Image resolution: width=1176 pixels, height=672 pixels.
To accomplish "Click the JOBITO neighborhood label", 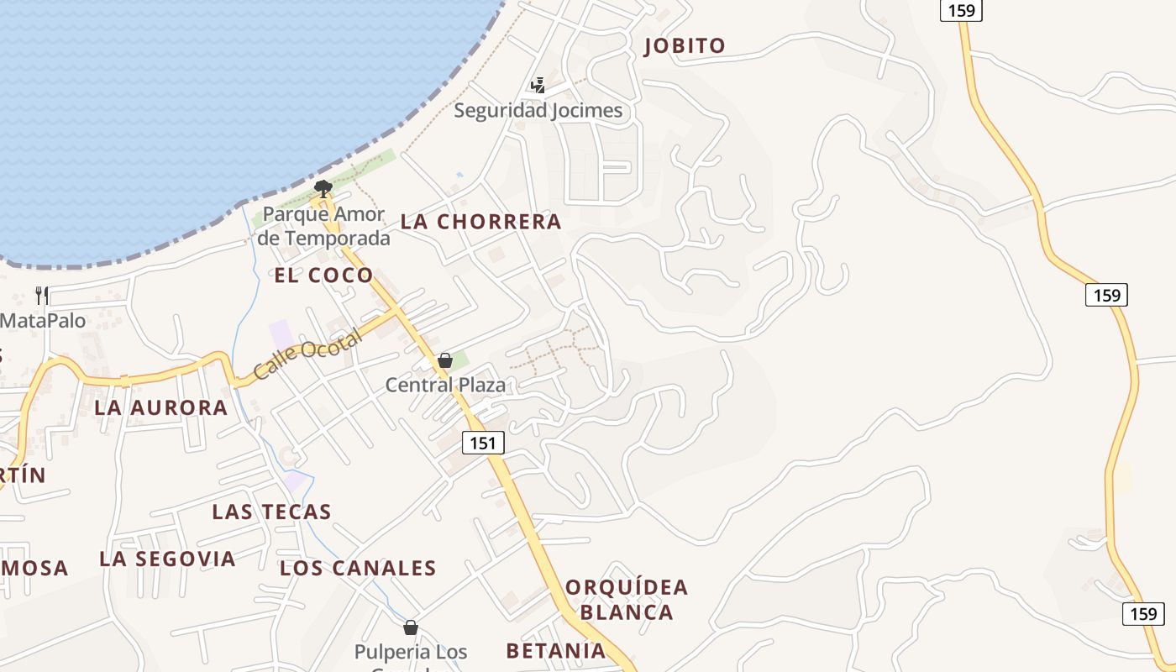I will [684, 45].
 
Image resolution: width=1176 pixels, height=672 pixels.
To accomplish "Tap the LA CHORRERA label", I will [480, 222].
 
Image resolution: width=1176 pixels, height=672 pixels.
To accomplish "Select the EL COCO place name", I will [323, 275].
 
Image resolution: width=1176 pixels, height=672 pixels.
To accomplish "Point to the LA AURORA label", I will [161, 407].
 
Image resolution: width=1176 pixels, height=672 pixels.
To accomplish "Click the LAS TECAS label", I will [271, 512].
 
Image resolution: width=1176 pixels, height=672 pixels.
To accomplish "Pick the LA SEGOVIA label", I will [167, 559].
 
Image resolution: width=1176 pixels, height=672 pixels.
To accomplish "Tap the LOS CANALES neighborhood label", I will [358, 568].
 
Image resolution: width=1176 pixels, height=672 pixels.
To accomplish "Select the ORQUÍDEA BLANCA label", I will [627, 599].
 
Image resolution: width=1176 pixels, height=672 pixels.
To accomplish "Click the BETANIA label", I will [555, 650].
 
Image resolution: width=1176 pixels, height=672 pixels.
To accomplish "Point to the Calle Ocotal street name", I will [307, 354].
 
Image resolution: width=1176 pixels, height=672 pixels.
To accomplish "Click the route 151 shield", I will [482, 442].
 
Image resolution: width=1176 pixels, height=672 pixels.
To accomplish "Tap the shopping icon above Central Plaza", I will [445, 361].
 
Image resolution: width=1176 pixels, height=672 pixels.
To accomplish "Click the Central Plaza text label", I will [445, 385].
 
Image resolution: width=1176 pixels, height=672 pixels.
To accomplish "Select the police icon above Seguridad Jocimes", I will [538, 85].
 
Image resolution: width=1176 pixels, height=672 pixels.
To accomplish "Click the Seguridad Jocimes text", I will [538, 110].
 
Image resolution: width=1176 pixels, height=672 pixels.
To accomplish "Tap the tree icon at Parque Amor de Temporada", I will [323, 187].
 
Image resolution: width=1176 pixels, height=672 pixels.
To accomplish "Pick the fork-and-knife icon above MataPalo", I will [42, 295].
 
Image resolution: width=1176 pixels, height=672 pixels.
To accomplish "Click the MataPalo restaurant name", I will [43, 320].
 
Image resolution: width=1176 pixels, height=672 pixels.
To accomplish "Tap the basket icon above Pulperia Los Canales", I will [411, 627].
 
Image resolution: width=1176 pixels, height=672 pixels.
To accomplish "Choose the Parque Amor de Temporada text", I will [323, 226].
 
